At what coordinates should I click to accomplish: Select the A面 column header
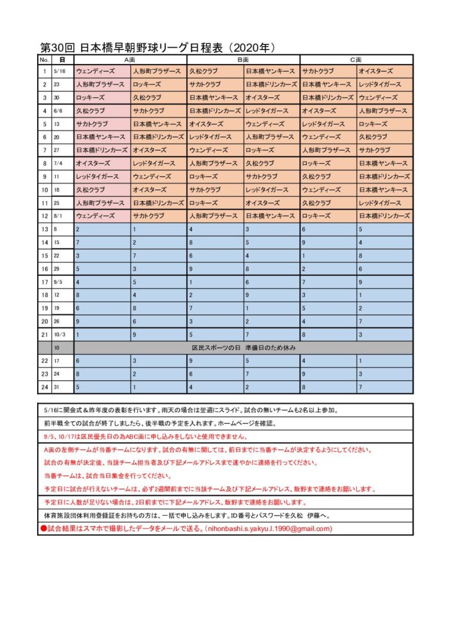pos(130,59)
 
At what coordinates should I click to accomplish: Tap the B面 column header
pos(242,59)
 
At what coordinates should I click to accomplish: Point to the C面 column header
pos(356,59)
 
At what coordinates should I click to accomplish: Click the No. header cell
pos(44,59)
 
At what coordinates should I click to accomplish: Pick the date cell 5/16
pos(62,72)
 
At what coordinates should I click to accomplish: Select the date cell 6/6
pos(61,111)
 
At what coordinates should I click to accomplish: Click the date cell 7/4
pos(61,163)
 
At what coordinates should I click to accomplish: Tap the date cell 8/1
pos(61,215)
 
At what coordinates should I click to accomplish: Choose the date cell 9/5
pos(61,281)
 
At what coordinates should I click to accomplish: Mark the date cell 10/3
pos(61,334)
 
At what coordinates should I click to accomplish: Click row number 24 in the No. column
pos(44,386)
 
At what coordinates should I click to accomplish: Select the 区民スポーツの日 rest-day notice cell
pos(243,347)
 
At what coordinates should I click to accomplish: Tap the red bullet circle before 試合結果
pos(43,528)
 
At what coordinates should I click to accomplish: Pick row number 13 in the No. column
pos(44,229)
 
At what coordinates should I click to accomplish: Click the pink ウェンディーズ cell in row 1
pos(102,72)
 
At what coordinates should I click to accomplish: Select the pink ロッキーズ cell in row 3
pos(102,98)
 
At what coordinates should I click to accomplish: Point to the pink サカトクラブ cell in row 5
pos(102,124)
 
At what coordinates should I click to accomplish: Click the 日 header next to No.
pos(62,59)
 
